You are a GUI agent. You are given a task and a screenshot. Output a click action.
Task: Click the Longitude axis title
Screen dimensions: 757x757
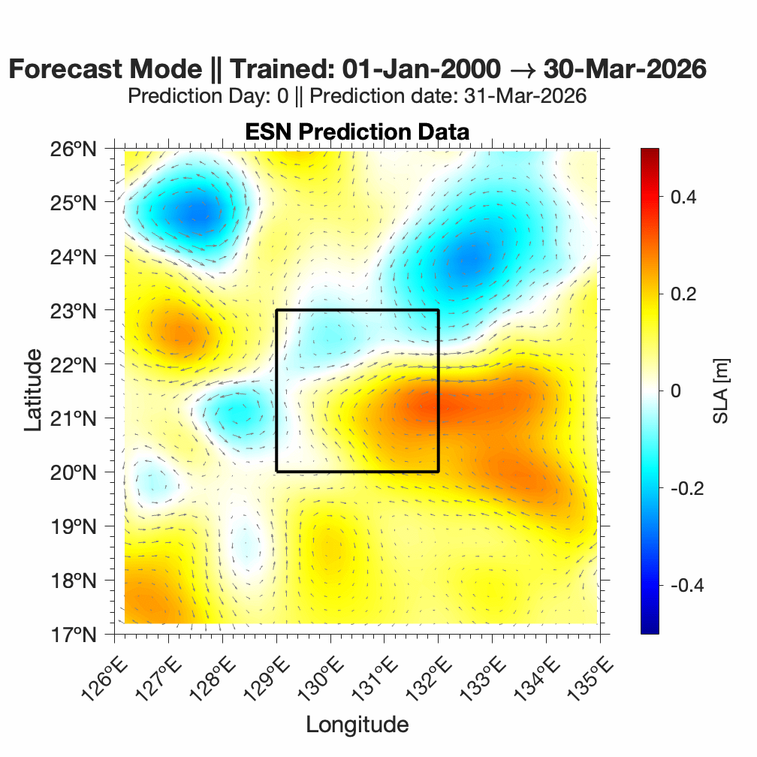tap(357, 725)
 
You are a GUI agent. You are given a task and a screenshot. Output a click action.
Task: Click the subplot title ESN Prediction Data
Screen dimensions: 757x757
tap(357, 132)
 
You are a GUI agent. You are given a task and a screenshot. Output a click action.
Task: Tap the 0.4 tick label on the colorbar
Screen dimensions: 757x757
tap(683, 197)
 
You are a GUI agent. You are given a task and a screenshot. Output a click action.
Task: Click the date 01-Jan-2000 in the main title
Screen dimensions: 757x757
tap(421, 69)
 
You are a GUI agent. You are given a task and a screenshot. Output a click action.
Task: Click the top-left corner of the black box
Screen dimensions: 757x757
tap(277, 310)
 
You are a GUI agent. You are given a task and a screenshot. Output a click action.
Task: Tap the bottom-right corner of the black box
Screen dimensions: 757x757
tap(439, 472)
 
